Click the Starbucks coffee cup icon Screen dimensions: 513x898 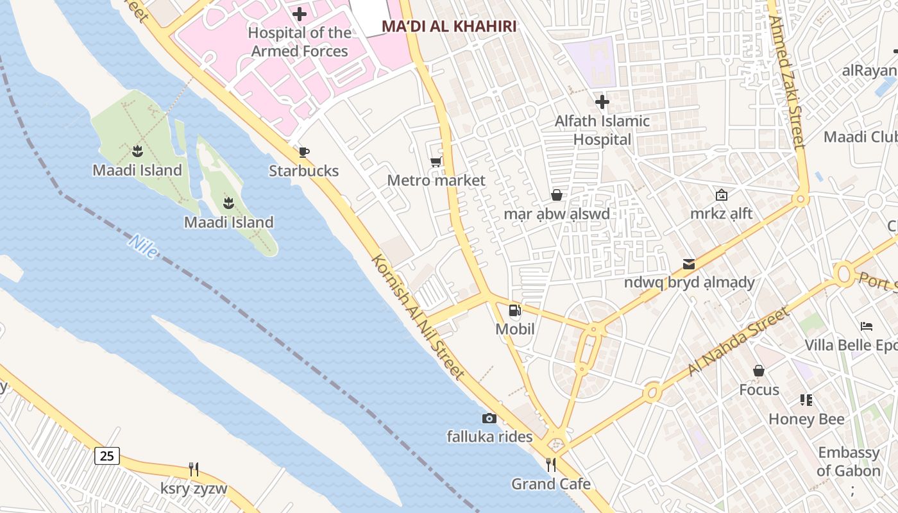(304, 152)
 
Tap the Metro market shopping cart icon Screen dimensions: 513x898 (436, 162)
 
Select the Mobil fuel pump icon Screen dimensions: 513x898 (514, 311)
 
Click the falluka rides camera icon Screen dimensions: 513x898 (489, 418)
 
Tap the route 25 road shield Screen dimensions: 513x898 (106, 456)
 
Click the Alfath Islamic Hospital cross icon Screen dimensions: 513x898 (602, 102)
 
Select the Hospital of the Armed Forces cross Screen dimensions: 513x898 (300, 14)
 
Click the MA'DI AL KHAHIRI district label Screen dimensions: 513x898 (449, 26)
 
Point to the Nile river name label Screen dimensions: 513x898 (142, 247)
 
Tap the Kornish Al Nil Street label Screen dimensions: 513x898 (418, 317)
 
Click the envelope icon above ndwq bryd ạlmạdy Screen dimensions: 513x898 (689, 264)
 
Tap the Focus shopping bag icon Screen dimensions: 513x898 (759, 371)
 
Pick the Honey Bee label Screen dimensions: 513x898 (806, 419)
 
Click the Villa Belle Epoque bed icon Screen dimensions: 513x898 (867, 326)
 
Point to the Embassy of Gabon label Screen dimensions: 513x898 (849, 462)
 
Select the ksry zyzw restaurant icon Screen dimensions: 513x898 (194, 469)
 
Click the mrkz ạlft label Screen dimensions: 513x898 (721, 214)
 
